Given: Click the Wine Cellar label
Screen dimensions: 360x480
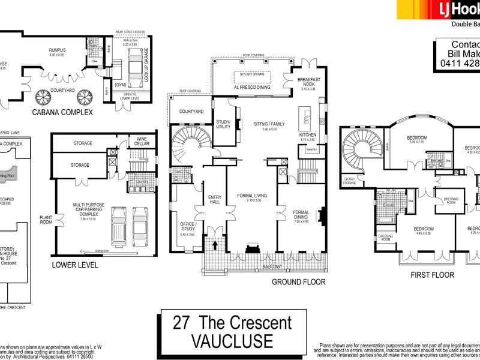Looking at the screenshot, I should (142, 140).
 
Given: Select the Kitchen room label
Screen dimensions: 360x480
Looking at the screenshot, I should (308, 136).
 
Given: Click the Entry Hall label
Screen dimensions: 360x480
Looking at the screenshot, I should (214, 200).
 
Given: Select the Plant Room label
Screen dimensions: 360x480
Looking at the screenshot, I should (46, 220).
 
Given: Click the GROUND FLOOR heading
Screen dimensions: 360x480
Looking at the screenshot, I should (299, 281).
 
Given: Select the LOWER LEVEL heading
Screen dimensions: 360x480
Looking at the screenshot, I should (75, 264).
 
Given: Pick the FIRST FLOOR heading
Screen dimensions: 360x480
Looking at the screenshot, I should (431, 275).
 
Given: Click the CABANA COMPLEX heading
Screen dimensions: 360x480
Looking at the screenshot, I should (58, 112).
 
